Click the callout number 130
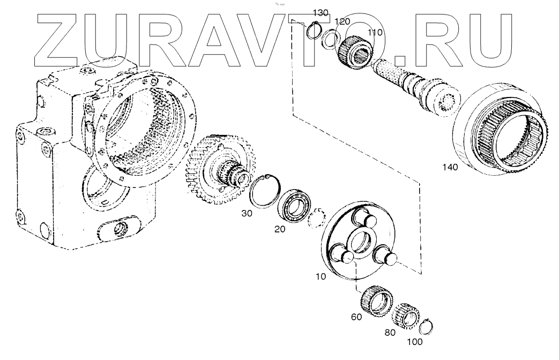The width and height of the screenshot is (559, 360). [320, 12]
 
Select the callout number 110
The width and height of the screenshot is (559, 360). [375, 33]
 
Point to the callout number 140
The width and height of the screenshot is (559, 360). [450, 168]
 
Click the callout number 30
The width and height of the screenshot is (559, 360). [246, 213]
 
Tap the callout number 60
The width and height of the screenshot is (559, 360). [356, 317]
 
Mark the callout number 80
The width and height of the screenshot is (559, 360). [390, 333]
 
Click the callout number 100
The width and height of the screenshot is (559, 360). [415, 341]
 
